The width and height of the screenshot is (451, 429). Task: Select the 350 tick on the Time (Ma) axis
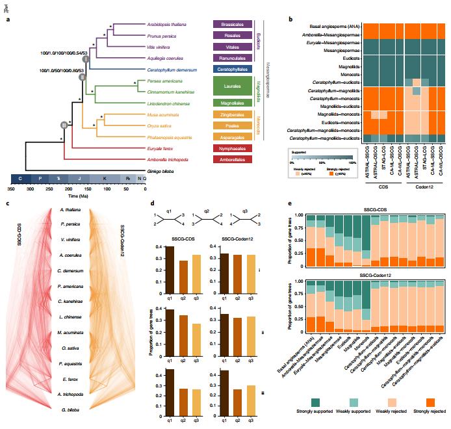click(11, 188)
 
